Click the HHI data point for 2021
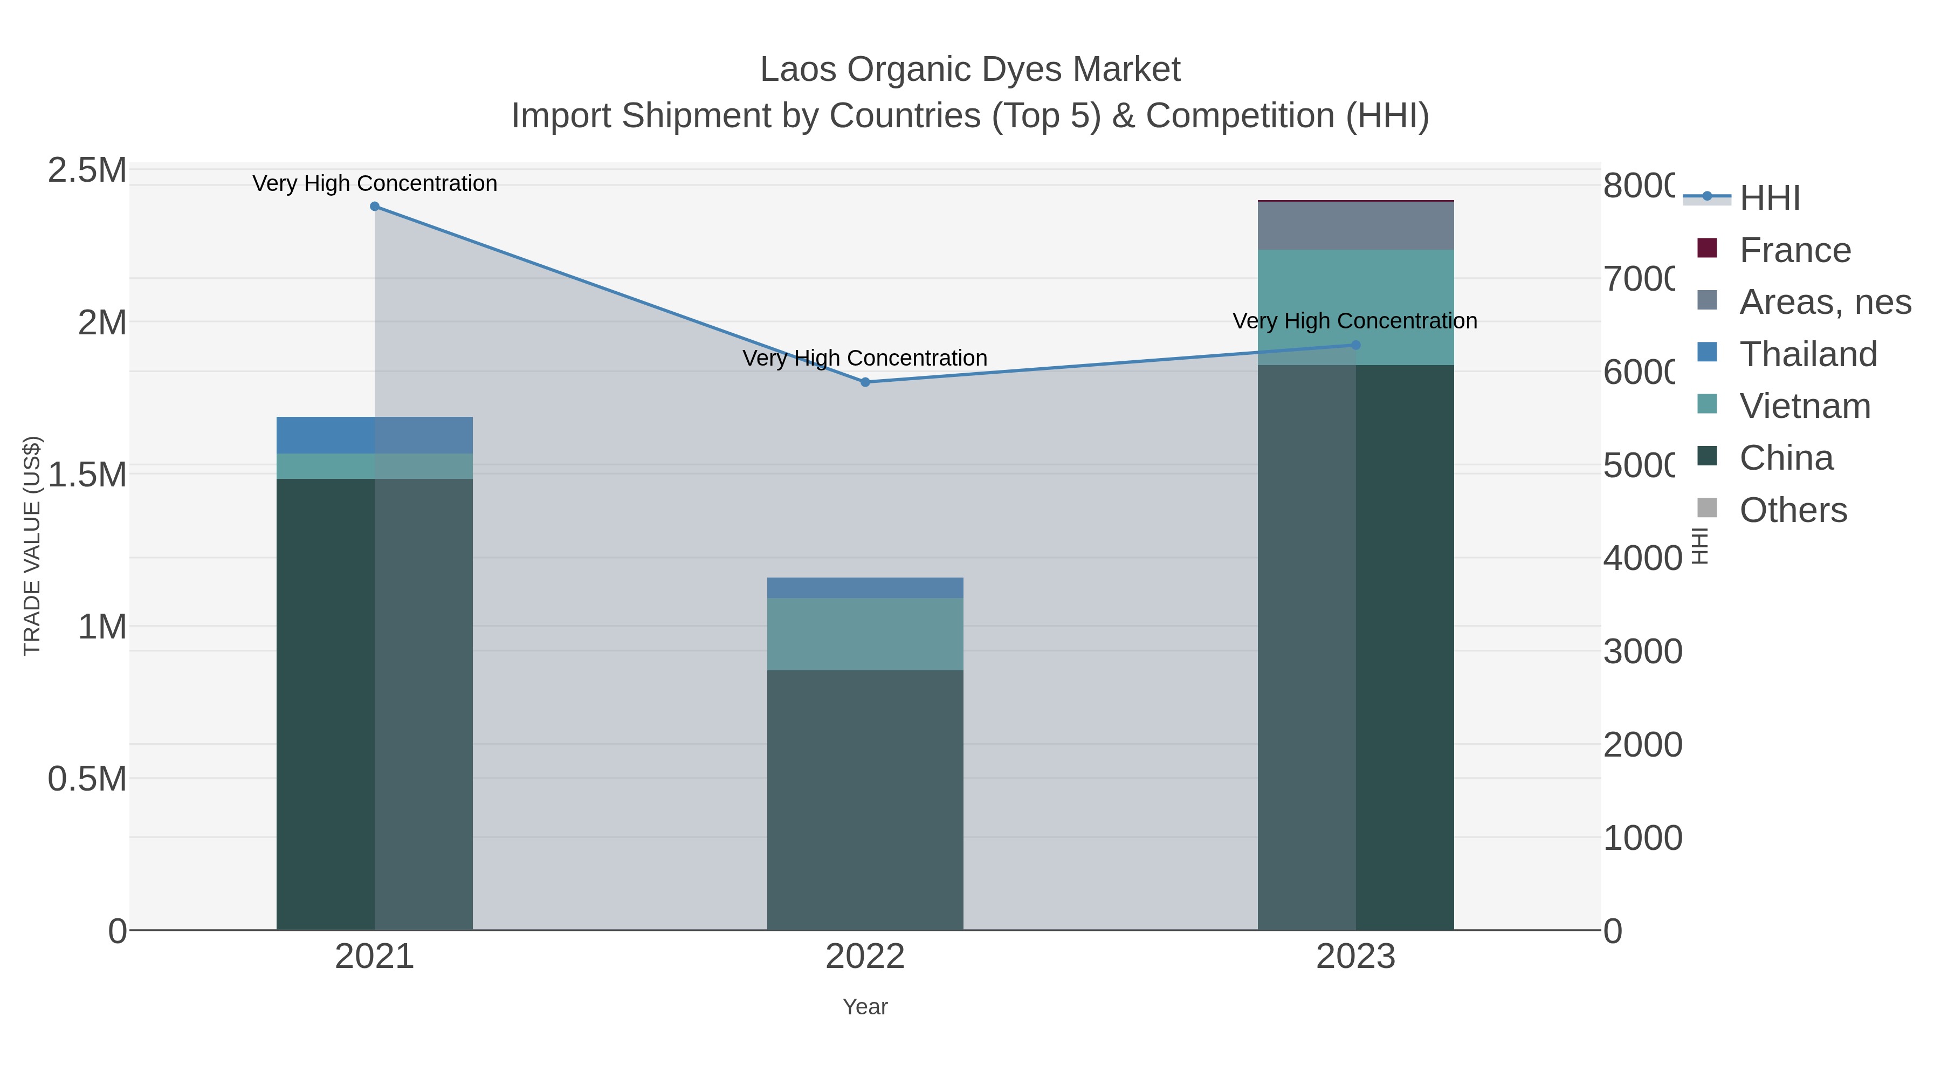[x=375, y=207]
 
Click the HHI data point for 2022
[x=865, y=382]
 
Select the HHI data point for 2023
[x=1355, y=345]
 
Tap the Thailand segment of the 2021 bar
[x=375, y=435]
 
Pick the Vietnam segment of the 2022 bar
[x=865, y=634]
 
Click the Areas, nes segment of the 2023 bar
[x=1355, y=225]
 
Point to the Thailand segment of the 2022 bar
[x=865, y=588]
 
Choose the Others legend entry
[x=1793, y=510]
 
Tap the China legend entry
[x=1785, y=458]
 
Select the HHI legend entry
[x=1768, y=198]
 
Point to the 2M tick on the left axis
[x=102, y=322]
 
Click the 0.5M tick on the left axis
[x=87, y=779]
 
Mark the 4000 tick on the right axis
[x=1642, y=559]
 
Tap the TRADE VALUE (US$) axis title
[x=32, y=546]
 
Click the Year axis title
[x=865, y=1007]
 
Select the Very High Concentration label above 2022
[x=864, y=358]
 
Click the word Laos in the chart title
[x=798, y=70]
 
